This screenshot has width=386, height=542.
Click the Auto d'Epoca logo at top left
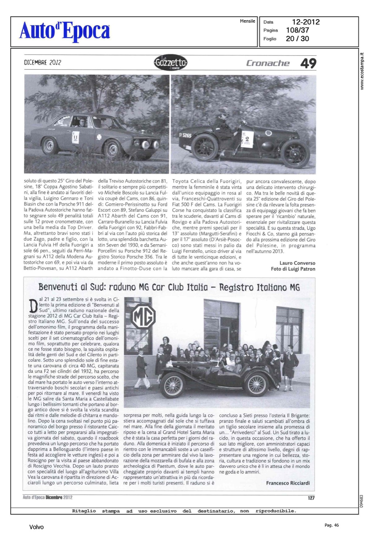pos(65,31)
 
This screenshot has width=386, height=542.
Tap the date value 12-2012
pos(305,22)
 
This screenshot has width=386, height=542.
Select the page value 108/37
pos(297,30)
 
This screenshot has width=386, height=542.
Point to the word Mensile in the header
pos(247,21)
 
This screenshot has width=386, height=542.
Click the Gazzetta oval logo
pos(170,63)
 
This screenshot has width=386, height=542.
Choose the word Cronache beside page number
pos(268,63)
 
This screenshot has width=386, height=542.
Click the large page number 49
pos(308,64)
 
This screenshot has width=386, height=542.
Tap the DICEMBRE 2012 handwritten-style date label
pos(43,62)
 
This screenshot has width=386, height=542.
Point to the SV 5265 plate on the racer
pos(185,135)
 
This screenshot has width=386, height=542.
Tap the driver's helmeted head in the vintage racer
pos(223,115)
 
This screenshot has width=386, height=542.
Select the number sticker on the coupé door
pos(75,137)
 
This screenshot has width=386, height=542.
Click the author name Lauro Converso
pos(297,263)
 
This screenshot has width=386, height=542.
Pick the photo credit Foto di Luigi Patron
pos(293,269)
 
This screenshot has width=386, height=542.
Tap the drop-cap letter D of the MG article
pos(33,306)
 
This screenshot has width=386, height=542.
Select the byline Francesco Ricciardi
pos(288,483)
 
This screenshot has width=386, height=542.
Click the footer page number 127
pos(311,498)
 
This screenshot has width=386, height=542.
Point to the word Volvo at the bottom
pos(36,527)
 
